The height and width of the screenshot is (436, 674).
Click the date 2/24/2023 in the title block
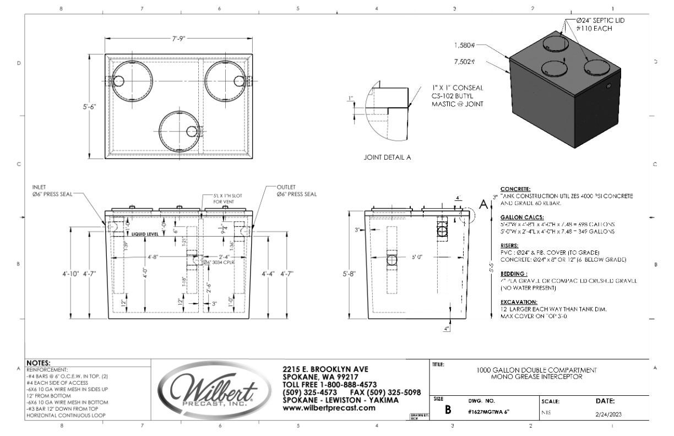pos(608,416)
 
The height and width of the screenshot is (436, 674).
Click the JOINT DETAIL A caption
pos(388,157)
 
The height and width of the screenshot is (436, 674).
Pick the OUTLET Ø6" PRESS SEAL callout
pos(297,190)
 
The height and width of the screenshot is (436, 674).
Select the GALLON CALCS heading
pos(515,217)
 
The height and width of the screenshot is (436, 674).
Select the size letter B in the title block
pos(448,410)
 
